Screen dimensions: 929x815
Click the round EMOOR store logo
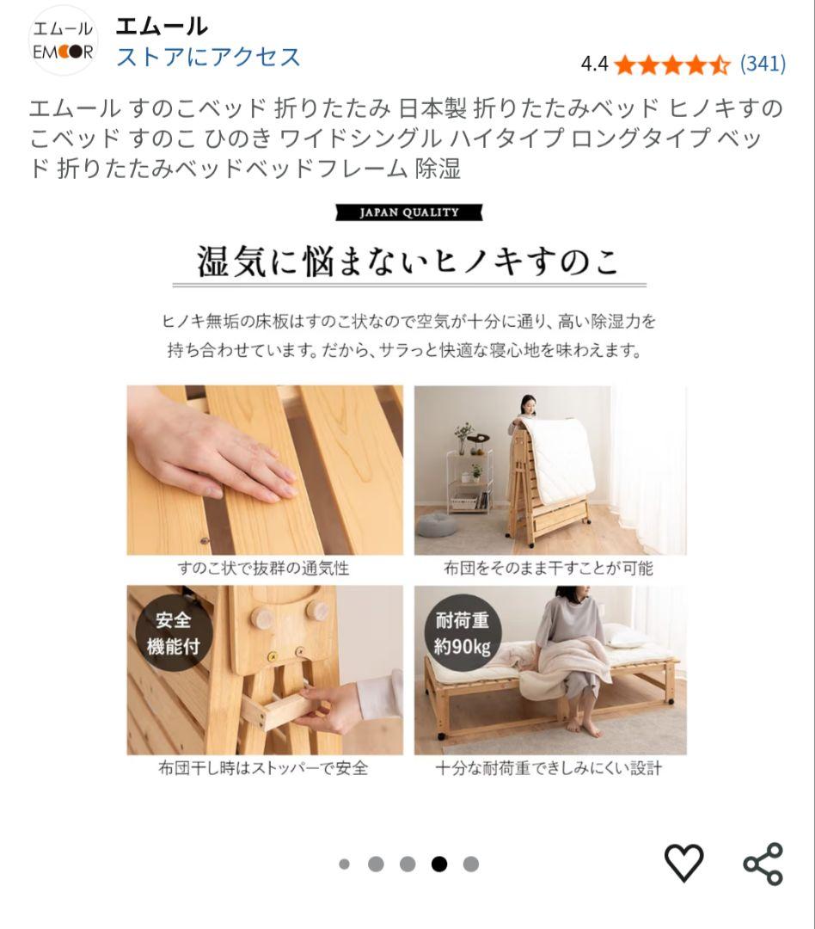pyautogui.click(x=63, y=40)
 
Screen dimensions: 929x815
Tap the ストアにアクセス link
pyautogui.click(x=208, y=57)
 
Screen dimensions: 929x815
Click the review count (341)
pyautogui.click(x=763, y=64)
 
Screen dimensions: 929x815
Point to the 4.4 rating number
pyautogui.click(x=594, y=64)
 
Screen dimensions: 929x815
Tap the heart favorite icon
pyautogui.click(x=683, y=863)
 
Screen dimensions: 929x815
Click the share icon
pyautogui.click(x=763, y=863)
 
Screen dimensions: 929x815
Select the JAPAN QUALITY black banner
pyautogui.click(x=408, y=212)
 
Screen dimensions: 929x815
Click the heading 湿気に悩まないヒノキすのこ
pyautogui.click(x=408, y=261)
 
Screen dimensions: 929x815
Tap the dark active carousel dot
pyautogui.click(x=439, y=864)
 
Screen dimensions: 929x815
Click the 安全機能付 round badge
pyautogui.click(x=174, y=633)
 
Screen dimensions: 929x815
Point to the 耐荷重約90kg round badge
pyautogui.click(x=462, y=633)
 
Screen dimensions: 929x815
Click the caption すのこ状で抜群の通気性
pyautogui.click(x=263, y=569)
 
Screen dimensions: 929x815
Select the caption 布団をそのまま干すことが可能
pyautogui.click(x=548, y=569)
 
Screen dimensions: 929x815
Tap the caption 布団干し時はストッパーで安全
pyautogui.click(x=263, y=768)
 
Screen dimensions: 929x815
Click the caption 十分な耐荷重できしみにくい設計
pyautogui.click(x=548, y=768)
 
